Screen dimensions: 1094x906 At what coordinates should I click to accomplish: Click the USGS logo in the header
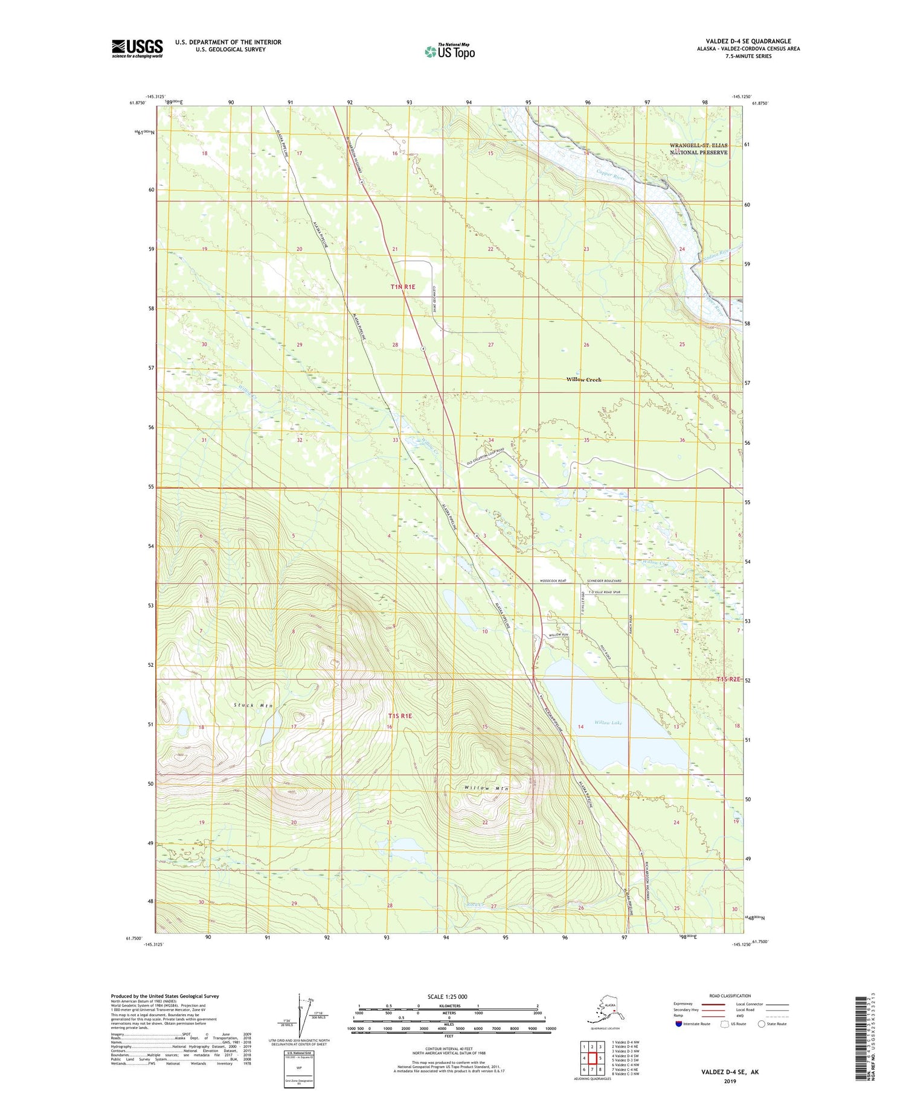click(x=137, y=48)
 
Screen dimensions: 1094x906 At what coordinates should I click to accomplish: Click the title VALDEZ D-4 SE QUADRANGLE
click(x=748, y=41)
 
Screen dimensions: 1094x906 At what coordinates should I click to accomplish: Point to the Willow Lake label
click(x=608, y=722)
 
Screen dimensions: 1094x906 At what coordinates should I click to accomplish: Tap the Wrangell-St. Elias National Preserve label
click(x=698, y=149)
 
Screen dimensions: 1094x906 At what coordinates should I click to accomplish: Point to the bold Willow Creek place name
click(x=583, y=380)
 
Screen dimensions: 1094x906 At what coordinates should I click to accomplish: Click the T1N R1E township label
click(x=403, y=287)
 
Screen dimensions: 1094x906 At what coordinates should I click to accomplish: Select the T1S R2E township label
click(x=728, y=679)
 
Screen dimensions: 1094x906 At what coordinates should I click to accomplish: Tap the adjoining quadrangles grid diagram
click(x=592, y=1058)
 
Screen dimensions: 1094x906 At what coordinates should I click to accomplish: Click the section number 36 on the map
click(x=682, y=440)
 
